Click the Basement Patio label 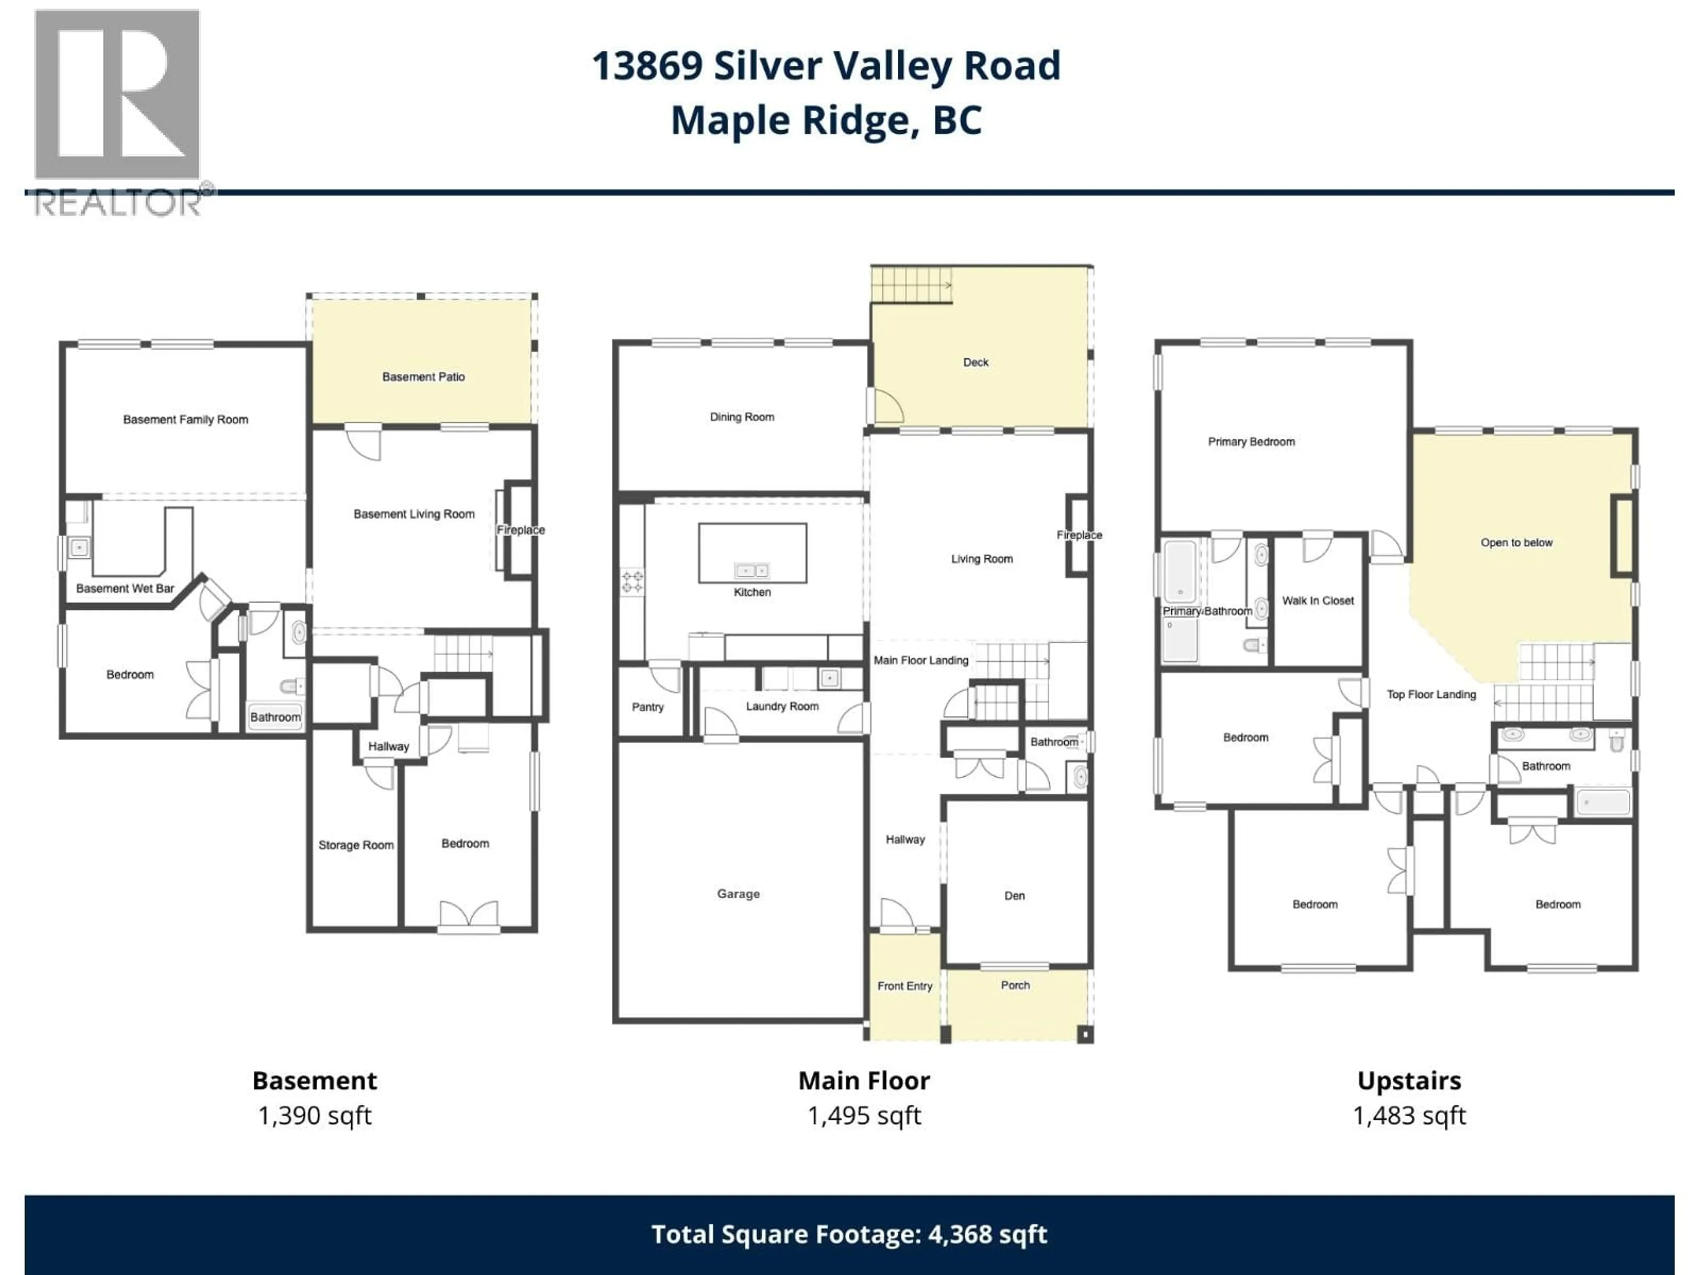click(x=424, y=377)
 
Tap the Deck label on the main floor click(x=975, y=362)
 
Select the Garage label click(x=738, y=894)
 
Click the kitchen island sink click(x=752, y=570)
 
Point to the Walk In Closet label click(x=1317, y=600)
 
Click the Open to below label click(x=1516, y=543)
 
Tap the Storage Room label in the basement click(x=356, y=845)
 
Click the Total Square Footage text click(x=849, y=1234)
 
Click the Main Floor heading click(x=864, y=1081)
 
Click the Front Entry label click(x=904, y=986)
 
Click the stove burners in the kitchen click(x=632, y=582)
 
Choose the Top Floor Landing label click(x=1431, y=695)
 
